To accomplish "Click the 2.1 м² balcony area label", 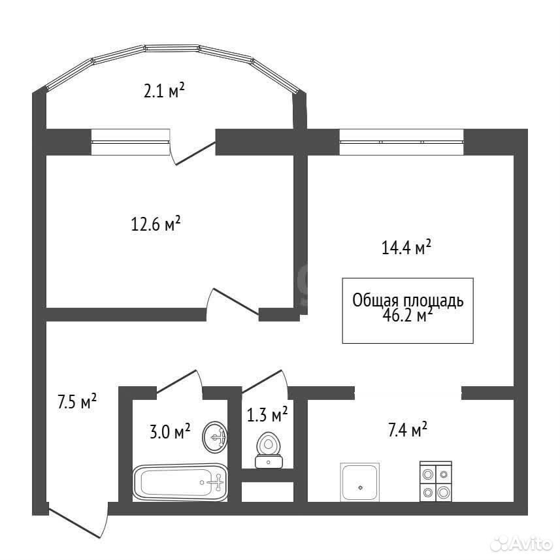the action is point(164,90).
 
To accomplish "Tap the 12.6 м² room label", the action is point(156,223).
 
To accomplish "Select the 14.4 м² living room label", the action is point(406,247).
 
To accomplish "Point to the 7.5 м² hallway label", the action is point(77,401).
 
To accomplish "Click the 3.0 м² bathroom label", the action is point(170,431).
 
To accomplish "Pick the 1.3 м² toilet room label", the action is point(267,414).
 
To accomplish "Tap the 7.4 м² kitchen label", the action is point(408,429).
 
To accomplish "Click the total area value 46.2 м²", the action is point(408,316).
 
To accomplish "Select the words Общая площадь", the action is point(408,301).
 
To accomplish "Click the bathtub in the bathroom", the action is point(180,482).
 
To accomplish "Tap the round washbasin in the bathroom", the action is point(214,437).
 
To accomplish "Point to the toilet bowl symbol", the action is point(269,450).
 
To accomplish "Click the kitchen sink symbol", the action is point(359,482).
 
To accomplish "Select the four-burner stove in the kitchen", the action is point(436,481).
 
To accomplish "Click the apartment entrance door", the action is point(78,519).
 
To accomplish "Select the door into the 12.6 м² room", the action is point(233,301).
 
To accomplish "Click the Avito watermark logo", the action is point(521,544).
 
